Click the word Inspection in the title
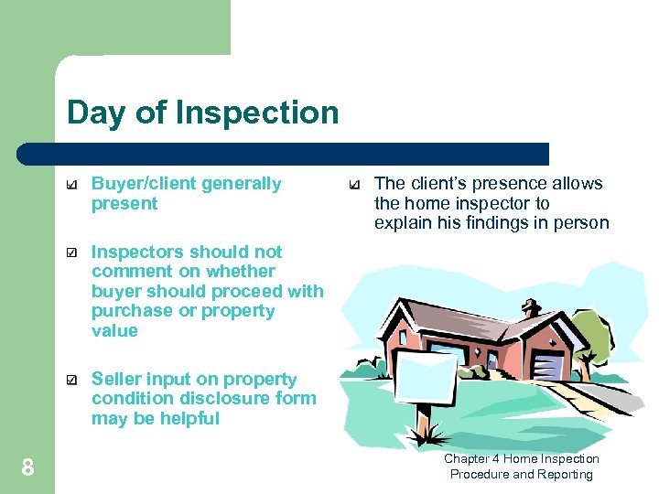[257, 113]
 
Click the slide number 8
[27, 468]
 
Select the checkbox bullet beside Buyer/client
[72, 185]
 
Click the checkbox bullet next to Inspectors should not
[72, 252]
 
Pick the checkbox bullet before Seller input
[72, 380]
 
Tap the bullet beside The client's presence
[355, 185]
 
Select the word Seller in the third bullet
[116, 379]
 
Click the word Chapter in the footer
[467, 459]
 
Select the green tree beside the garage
[594, 339]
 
